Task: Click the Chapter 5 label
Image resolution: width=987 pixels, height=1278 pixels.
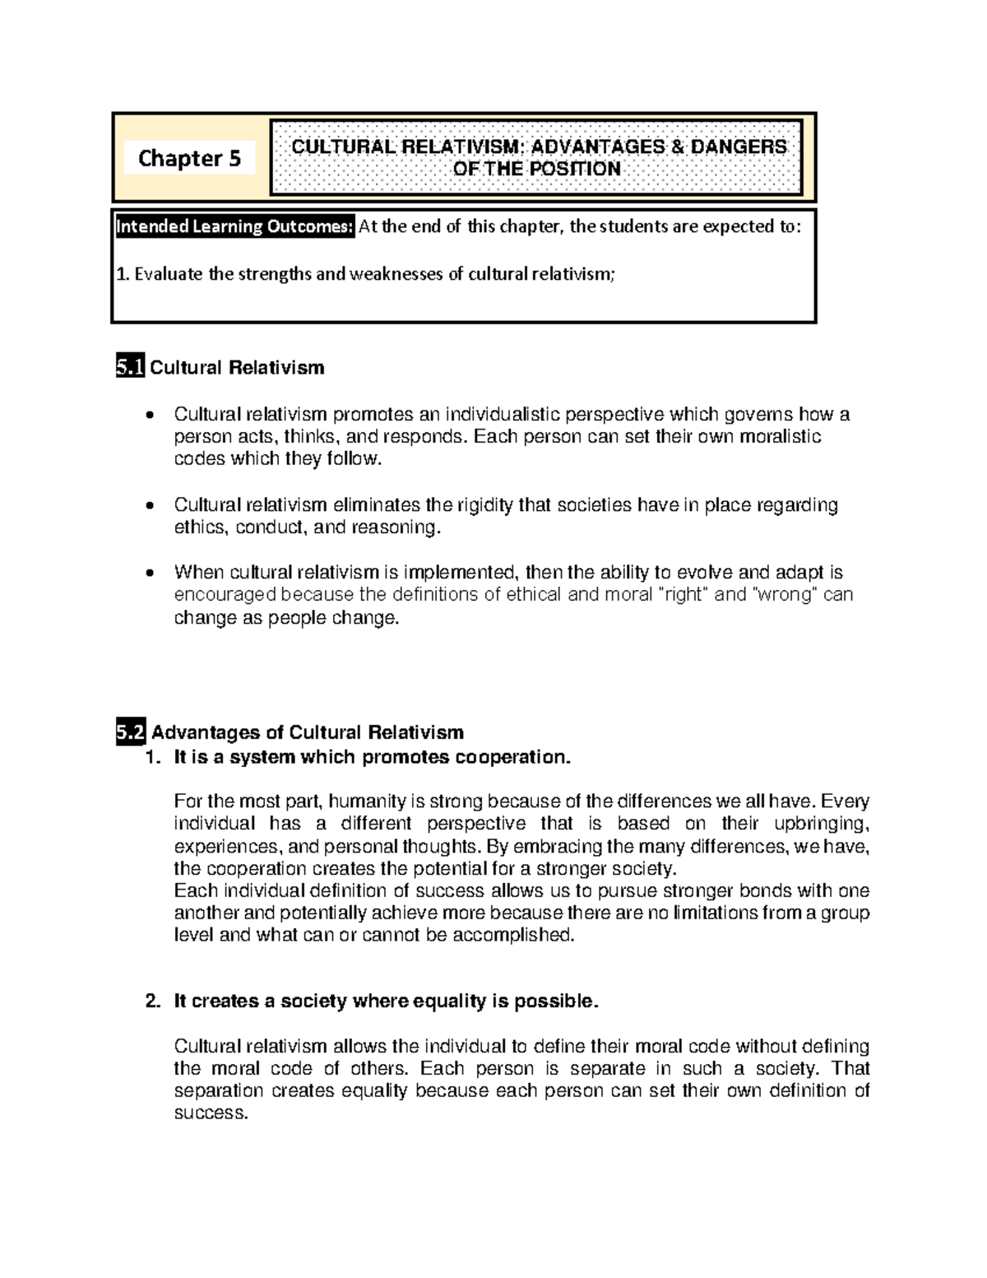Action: (x=189, y=158)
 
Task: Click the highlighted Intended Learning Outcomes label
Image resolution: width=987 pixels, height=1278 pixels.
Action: (x=235, y=226)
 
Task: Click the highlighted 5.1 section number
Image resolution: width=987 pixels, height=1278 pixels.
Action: (x=130, y=368)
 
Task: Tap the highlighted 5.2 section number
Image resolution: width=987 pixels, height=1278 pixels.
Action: (x=131, y=732)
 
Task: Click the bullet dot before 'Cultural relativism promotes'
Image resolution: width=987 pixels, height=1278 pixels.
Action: (x=148, y=415)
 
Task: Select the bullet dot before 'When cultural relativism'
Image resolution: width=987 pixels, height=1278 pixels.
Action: (x=148, y=573)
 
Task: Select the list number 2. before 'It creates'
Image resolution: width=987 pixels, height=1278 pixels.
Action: (x=152, y=1001)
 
